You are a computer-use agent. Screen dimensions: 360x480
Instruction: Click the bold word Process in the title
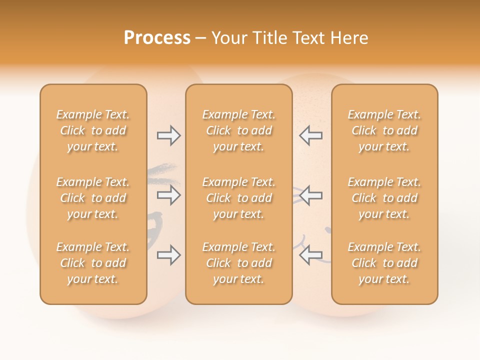[x=157, y=38]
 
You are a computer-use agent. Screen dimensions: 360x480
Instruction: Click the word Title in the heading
[x=269, y=38]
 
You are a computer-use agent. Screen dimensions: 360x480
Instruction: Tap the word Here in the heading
[x=348, y=38]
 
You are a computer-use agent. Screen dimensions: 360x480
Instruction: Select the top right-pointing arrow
[x=168, y=135]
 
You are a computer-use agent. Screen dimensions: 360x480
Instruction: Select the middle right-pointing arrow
[x=168, y=195]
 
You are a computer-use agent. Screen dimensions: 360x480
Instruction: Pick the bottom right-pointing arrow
[x=168, y=255]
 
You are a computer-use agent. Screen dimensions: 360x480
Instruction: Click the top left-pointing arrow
[x=310, y=135]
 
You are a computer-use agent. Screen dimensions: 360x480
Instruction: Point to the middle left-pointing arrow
[x=310, y=195]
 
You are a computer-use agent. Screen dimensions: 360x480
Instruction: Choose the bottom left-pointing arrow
[x=310, y=255]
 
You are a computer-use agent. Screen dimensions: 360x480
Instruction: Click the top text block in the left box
[x=93, y=130]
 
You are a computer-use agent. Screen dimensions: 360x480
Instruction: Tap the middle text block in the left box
[x=93, y=198]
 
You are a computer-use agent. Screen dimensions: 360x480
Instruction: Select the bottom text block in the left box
[x=93, y=263]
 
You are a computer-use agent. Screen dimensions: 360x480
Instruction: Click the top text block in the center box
[x=238, y=130]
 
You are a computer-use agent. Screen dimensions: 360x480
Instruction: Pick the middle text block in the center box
[x=238, y=198]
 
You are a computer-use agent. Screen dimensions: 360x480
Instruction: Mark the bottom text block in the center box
[x=238, y=263]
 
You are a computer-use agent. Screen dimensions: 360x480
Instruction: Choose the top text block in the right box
[x=384, y=130]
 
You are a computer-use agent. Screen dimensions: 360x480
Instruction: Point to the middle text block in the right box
[x=384, y=198]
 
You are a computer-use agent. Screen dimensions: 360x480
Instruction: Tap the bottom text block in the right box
[x=384, y=263]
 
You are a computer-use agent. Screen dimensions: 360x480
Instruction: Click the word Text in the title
[x=308, y=38]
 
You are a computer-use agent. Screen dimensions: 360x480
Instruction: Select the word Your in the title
[x=228, y=38]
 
